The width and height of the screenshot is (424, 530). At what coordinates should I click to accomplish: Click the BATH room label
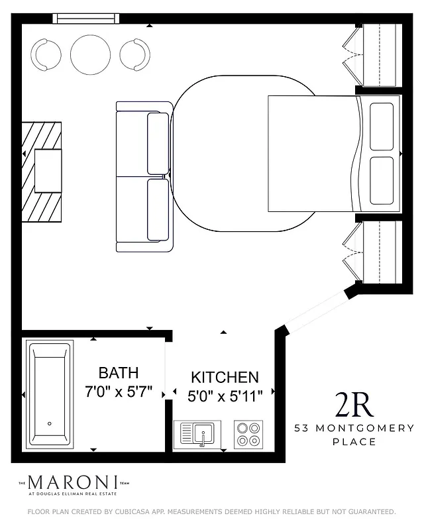click(x=119, y=372)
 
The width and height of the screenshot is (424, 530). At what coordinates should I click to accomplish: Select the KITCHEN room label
click(x=225, y=378)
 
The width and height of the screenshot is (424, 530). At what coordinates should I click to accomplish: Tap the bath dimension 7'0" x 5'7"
click(x=119, y=392)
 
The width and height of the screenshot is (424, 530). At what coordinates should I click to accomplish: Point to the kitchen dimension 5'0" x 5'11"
click(x=225, y=396)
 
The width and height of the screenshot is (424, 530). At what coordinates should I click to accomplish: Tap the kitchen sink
click(x=197, y=435)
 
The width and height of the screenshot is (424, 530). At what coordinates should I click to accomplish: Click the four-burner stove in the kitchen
click(x=248, y=435)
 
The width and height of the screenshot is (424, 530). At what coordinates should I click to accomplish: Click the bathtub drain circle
click(x=50, y=423)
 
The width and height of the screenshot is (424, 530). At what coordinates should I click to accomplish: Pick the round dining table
click(x=90, y=54)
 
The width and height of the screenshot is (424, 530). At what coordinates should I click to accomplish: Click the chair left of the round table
click(x=46, y=55)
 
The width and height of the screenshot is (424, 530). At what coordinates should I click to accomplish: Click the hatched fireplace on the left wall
click(x=42, y=172)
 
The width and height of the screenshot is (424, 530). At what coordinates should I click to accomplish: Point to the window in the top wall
click(x=87, y=19)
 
